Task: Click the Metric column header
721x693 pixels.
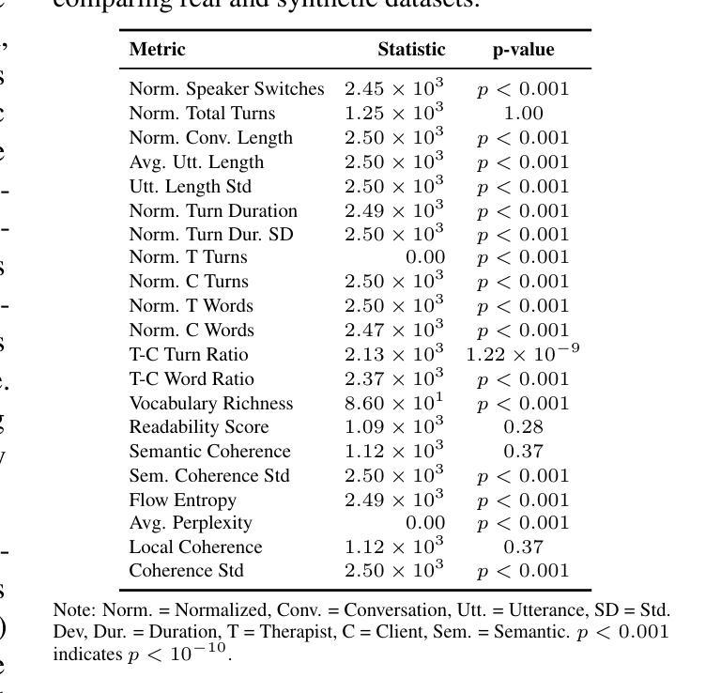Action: tap(157, 50)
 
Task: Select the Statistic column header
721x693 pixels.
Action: tap(411, 50)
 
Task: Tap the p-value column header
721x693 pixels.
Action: tap(523, 50)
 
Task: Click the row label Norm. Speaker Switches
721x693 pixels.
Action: tap(226, 89)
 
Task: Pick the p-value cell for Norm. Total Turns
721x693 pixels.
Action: tap(523, 114)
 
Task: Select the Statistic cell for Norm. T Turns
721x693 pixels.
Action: tap(424, 257)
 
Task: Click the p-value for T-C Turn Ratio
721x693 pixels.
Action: tap(523, 354)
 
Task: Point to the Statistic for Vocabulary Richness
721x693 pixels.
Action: tap(393, 403)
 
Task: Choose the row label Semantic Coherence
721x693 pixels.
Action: tap(209, 452)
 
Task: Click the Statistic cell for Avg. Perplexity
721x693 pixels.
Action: tap(424, 523)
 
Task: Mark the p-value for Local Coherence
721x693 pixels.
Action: tap(523, 547)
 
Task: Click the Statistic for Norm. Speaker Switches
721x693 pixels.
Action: tap(393, 89)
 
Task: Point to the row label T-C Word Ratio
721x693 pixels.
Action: tap(192, 379)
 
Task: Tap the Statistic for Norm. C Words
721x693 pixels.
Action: tap(393, 330)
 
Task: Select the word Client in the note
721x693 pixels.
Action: tap(398, 632)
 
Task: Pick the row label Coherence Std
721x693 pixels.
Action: tap(186, 571)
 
